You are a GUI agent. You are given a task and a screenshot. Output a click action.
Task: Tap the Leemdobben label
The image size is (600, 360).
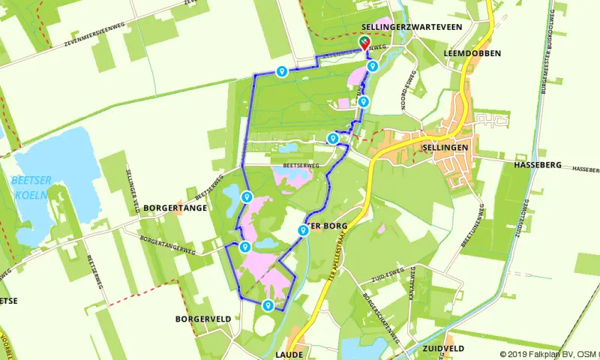tap(472, 53)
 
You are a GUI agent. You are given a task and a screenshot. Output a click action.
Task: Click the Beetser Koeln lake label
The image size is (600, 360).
tap(30, 187)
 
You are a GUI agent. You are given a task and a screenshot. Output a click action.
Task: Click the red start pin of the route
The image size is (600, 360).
tap(364, 43)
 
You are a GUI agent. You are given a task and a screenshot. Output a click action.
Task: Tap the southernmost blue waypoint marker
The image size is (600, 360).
tap(268, 305)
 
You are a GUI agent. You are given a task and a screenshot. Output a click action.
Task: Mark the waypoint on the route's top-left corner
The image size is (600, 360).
tap(281, 71)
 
